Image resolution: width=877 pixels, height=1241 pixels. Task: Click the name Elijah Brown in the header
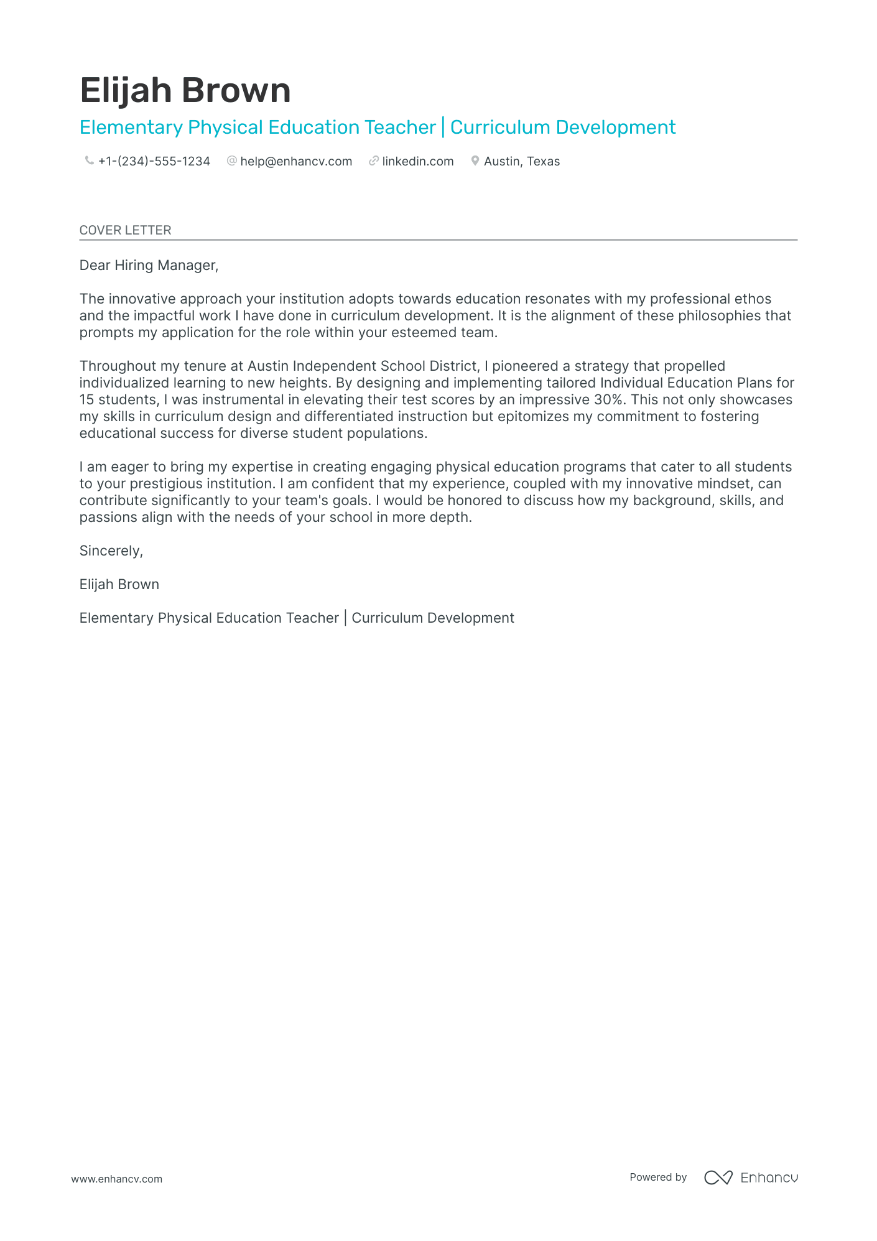tap(185, 90)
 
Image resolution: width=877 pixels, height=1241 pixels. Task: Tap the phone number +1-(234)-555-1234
tap(154, 161)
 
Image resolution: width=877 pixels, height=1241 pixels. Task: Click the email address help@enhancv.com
tap(296, 161)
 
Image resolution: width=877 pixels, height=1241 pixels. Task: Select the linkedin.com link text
tap(417, 161)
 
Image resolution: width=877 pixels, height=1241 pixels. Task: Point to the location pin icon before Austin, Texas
tap(475, 161)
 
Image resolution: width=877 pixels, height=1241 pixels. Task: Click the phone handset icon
tap(89, 161)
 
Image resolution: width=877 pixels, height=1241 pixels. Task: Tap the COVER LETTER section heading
tap(125, 230)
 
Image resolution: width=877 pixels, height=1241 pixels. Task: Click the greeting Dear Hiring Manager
tap(149, 266)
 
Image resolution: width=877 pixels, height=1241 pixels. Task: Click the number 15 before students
tap(86, 399)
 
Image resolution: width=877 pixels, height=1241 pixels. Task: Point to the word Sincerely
tap(111, 551)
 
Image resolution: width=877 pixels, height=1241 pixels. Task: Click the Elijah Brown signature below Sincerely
tap(119, 584)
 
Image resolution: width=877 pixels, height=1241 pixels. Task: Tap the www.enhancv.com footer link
tap(116, 1179)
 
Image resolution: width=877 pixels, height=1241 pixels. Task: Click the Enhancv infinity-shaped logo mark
tap(718, 1178)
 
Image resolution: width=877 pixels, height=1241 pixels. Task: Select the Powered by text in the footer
tap(657, 1177)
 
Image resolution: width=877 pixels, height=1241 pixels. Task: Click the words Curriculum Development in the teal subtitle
tap(562, 128)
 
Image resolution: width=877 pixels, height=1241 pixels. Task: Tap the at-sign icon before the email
tap(232, 161)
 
